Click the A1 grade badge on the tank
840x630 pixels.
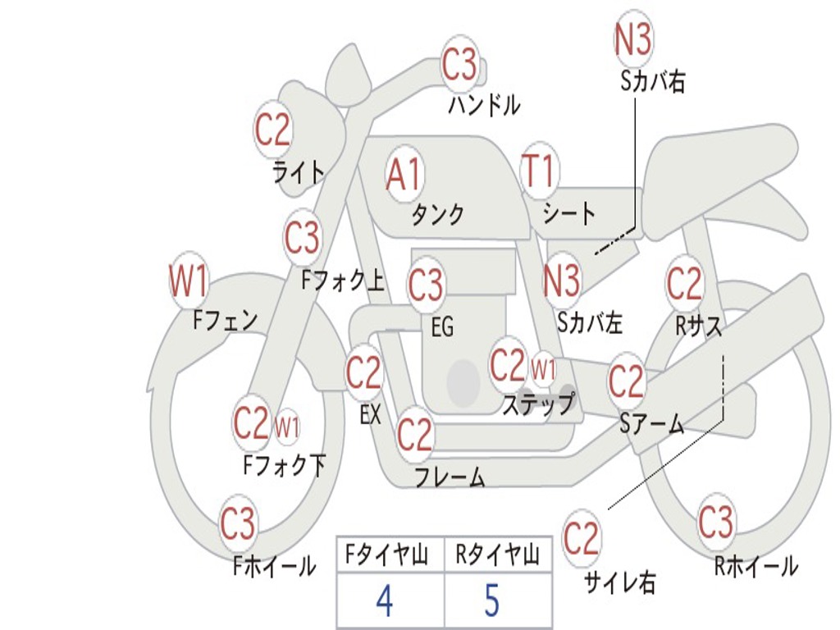404,174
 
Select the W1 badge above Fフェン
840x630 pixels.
189,281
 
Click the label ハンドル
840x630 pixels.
484,105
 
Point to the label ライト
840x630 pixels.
298,171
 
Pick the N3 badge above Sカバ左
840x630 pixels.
562,281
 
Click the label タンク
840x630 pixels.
437,215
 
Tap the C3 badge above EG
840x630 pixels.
426,285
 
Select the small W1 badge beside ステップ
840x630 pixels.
544,368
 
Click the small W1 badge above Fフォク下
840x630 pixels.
286,427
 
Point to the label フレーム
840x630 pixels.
450,477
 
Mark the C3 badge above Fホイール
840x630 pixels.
239,524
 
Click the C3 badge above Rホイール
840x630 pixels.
715,521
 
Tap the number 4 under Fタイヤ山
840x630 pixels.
384,601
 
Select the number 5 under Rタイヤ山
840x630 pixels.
491,601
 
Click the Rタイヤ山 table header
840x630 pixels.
497,556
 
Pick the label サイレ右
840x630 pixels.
620,582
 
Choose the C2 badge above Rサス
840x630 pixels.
684,284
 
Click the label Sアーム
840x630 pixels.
651,423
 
